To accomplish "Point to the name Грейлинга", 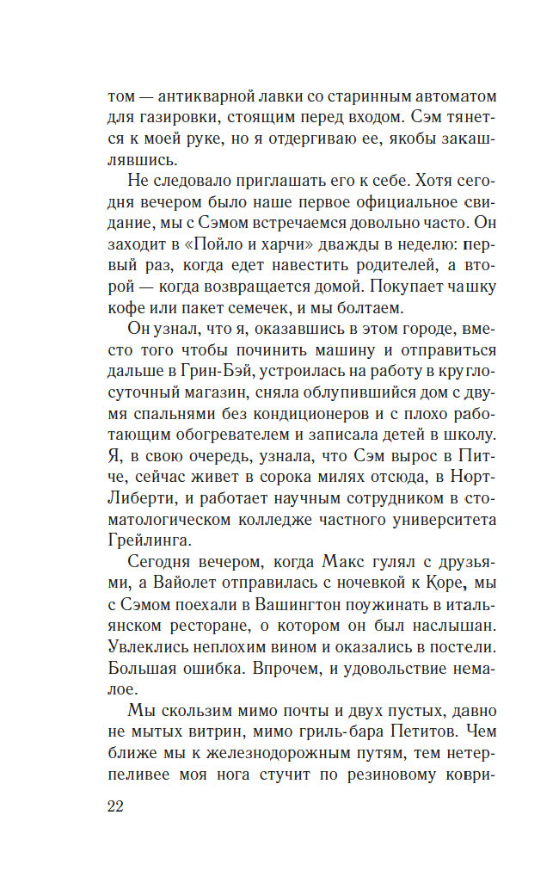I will point(151,540).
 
